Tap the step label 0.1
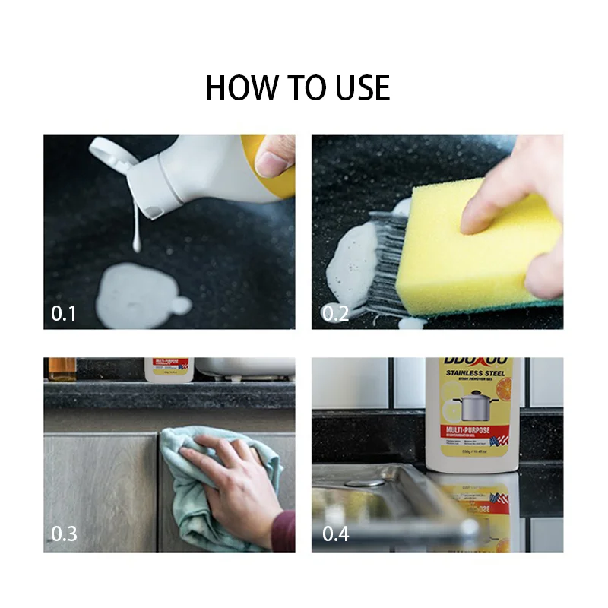(x=64, y=313)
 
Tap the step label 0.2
(x=335, y=313)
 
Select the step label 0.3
(x=64, y=534)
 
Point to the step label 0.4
(x=335, y=534)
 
